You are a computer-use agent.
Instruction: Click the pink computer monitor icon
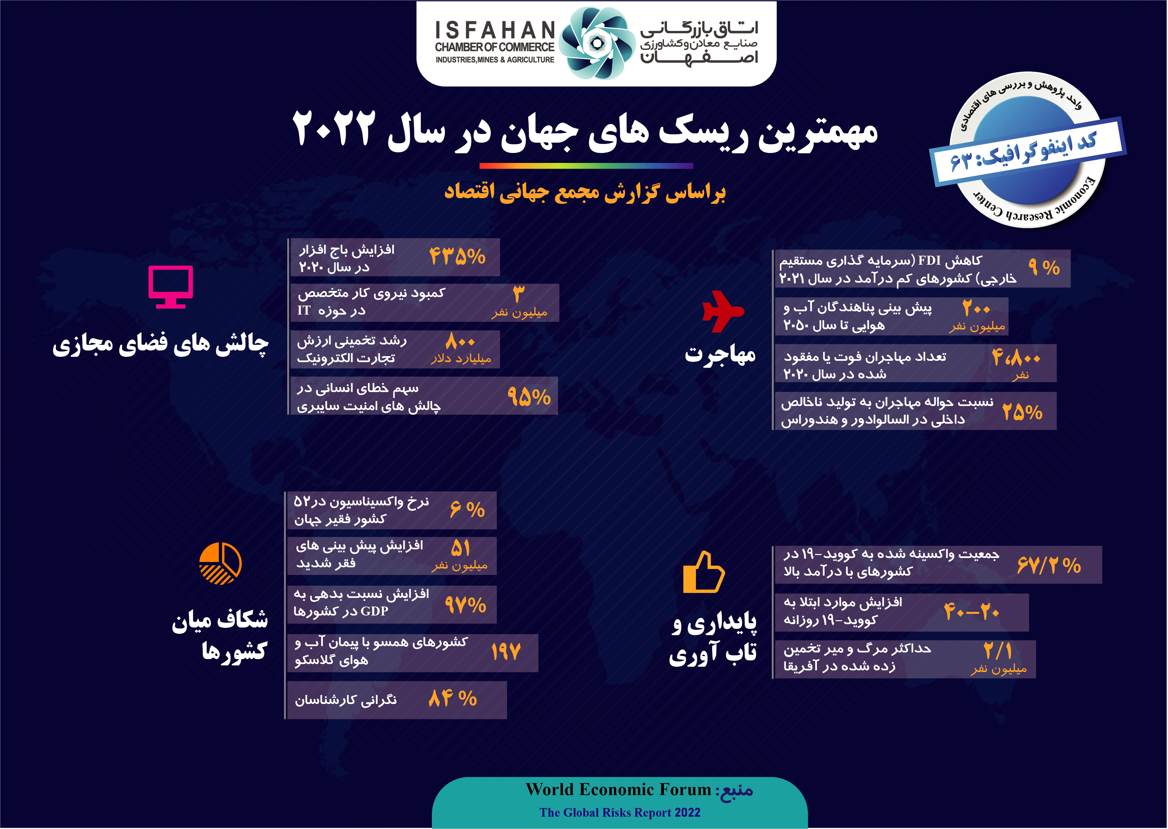[171, 286]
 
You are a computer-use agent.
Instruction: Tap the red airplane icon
[722, 311]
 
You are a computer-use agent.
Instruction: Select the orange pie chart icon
[220, 563]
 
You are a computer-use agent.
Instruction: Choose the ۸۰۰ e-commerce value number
[460, 341]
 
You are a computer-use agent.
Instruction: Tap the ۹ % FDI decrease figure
[1044, 267]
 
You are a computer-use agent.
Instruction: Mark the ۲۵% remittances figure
[1022, 412]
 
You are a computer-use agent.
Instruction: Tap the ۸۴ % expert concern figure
[453, 698]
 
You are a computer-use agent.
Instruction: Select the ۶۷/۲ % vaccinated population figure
[1049, 565]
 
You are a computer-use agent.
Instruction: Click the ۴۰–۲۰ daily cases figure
[972, 611]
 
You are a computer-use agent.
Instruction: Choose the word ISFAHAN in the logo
[495, 30]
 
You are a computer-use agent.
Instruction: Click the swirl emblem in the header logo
[596, 43]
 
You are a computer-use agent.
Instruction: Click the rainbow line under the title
[586, 165]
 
